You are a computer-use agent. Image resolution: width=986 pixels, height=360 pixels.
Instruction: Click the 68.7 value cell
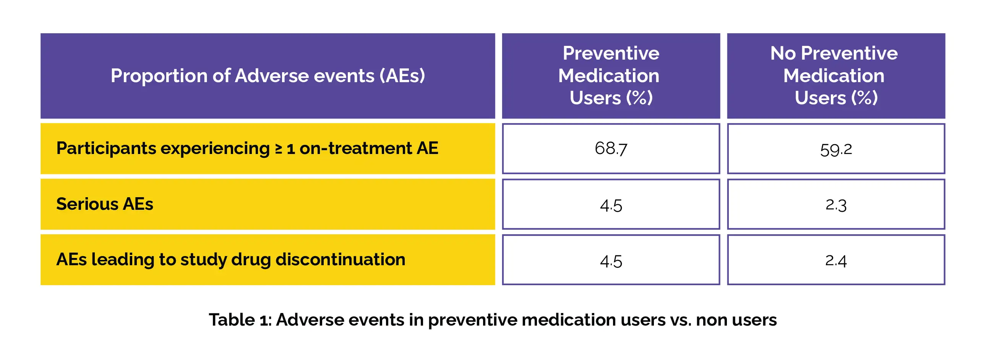point(611,148)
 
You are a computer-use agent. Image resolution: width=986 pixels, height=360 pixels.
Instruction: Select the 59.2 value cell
point(836,148)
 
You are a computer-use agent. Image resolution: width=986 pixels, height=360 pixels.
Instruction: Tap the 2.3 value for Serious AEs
point(836,205)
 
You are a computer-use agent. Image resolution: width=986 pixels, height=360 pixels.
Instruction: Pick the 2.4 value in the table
point(836,261)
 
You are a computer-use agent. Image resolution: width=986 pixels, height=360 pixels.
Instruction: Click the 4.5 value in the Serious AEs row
point(611,206)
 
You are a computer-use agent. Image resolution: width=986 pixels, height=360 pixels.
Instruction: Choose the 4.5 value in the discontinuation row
point(611,261)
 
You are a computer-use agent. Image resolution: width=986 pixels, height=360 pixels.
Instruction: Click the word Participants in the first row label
point(106,148)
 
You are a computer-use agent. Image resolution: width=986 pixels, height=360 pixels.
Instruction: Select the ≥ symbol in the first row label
point(279,149)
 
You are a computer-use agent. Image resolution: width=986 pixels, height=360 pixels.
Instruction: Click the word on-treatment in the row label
point(355,148)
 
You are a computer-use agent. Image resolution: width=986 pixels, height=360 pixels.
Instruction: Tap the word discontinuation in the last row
point(340,259)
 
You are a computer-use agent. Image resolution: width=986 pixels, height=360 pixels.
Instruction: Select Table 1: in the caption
point(240,319)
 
